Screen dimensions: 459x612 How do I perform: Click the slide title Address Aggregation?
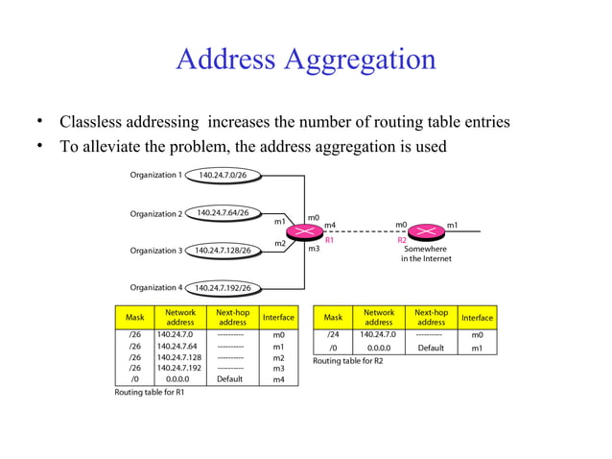pos(305,59)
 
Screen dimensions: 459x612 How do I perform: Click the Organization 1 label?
pos(155,175)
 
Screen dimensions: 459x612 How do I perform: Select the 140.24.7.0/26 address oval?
pos(223,176)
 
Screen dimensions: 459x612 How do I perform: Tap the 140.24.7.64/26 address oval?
pos(222,212)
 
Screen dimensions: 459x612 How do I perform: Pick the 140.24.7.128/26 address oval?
pos(223,251)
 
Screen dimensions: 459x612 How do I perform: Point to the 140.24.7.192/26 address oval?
pos(223,287)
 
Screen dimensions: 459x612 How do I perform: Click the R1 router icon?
pos(306,231)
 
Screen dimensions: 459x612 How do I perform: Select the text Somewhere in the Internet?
pos(425,254)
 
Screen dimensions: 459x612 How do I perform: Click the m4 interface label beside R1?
pos(330,225)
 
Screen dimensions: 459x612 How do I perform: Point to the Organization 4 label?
pos(155,287)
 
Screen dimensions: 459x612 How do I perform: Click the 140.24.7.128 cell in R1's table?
pos(180,356)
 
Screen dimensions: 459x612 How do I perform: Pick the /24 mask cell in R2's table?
pos(333,334)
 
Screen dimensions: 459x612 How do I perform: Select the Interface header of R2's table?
pos(476,317)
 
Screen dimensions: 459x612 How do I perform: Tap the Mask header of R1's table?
pos(134,317)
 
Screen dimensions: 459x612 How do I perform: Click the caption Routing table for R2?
pos(347,360)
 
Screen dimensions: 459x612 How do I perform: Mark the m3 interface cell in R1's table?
pos(278,368)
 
